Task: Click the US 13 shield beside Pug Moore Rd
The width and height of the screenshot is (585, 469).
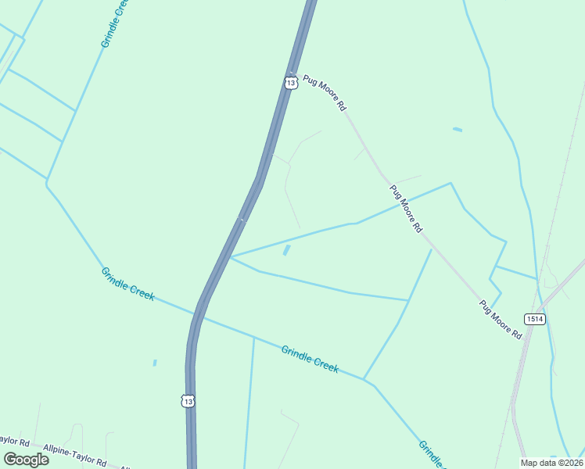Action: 291,82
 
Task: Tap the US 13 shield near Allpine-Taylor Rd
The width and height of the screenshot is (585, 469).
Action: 187,400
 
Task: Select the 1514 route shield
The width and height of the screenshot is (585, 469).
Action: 535,319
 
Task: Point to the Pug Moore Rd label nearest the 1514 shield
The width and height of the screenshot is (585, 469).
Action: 501,319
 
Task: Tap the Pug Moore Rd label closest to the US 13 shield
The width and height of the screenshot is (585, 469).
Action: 324,93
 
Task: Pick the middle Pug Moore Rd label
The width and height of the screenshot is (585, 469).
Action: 406,209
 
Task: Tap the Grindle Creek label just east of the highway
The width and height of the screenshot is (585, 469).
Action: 310,359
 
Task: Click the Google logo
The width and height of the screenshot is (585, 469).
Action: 26,459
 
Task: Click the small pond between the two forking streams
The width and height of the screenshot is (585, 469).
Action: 286,250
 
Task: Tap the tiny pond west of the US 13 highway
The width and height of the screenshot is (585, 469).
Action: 155,363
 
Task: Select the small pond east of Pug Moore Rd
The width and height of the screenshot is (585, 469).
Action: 457,129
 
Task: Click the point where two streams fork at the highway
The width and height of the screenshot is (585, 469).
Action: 231,256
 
